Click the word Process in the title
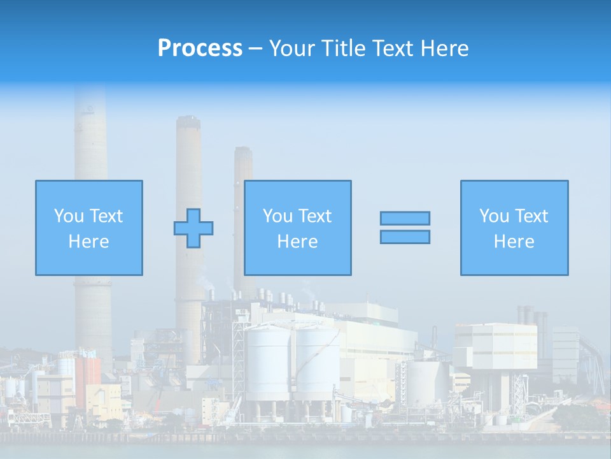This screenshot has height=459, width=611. pos(200,48)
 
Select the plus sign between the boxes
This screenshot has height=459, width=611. pos(193,228)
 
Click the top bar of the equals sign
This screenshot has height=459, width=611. pos(405,218)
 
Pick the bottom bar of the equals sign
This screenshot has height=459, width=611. pos(405,237)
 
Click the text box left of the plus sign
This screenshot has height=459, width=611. pos(89,228)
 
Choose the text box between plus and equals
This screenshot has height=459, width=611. pos(297,228)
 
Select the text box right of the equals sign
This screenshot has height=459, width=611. pos(514,228)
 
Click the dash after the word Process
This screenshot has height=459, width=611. pos(256,49)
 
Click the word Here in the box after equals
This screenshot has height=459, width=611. pos(514,242)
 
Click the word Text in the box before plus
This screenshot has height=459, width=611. pos(106,216)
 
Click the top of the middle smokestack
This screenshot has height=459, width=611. pos(188,119)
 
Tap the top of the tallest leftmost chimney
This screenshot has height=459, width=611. pos(90,89)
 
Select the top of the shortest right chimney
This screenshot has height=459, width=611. pos(243,150)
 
